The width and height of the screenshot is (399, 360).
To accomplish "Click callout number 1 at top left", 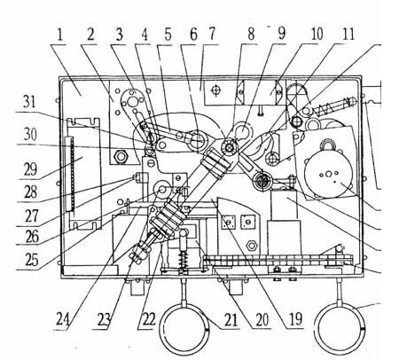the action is (60, 35).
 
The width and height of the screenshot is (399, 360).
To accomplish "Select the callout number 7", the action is (211, 35).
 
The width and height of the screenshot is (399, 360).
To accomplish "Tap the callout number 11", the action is (348, 34).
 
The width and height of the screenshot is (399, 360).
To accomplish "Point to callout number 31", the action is (29, 102).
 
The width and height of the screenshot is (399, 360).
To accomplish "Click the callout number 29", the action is (30, 169).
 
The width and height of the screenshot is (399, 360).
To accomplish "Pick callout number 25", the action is (31, 260).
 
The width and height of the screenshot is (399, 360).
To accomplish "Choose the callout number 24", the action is (64, 320).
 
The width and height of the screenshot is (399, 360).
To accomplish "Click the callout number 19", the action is (295, 319).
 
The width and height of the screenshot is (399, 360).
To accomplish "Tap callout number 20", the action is (262, 319).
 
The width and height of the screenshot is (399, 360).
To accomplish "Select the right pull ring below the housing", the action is (340, 328).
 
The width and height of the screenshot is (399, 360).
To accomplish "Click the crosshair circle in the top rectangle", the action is (216, 90).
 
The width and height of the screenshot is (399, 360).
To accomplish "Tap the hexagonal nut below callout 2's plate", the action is (120, 156).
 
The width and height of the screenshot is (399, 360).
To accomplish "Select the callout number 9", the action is (281, 33).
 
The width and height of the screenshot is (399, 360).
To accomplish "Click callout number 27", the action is (32, 215).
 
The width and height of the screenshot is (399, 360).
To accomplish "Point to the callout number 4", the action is (145, 35).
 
